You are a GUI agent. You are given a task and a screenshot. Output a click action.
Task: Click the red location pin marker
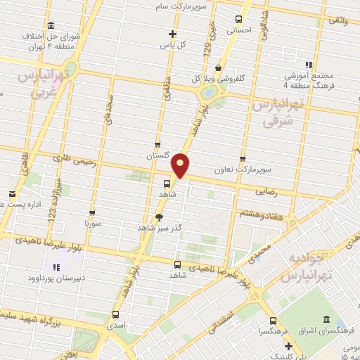coord(182,165)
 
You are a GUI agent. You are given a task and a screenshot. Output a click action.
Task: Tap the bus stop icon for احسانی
coord(240,19)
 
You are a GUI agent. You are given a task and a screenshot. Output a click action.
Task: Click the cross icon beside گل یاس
coord(173,34)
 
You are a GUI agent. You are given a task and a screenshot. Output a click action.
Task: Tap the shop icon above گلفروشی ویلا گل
coord(219,67)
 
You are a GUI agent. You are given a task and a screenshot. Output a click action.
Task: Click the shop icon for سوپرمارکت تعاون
coord(243,159)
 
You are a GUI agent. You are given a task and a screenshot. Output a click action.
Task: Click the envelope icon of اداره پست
coord(12,194)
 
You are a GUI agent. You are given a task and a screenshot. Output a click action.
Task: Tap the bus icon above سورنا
coord(93,212)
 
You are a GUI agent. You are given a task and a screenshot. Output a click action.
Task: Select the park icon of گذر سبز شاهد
coord(160,217)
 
